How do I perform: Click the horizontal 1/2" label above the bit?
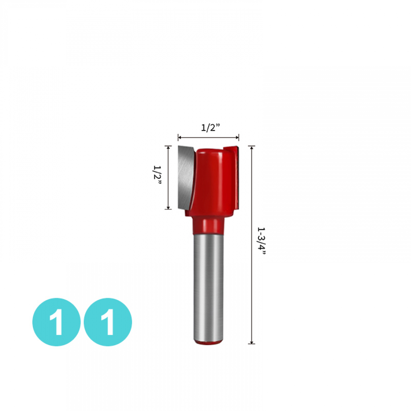point(210,128)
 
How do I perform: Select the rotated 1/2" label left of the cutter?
point(157,175)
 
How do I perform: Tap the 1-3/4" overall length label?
point(261,241)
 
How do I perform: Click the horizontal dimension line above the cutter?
point(208,137)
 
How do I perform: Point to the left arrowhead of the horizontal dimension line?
point(180,137)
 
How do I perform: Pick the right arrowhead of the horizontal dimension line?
point(237,137)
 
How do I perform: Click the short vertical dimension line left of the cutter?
point(168,177)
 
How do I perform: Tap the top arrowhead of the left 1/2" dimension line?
point(168,148)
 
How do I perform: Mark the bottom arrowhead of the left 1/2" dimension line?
point(168,207)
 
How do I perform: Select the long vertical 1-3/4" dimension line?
point(251,245)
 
